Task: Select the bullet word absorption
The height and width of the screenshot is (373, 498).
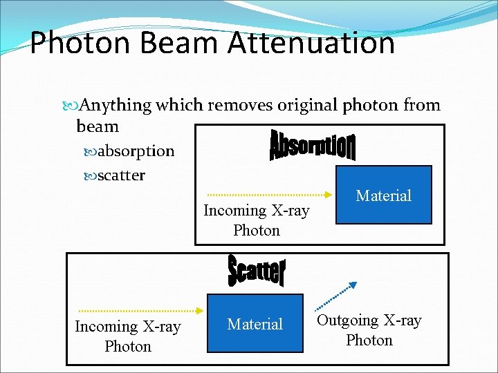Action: coord(136,151)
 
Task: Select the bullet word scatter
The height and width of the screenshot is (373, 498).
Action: coord(121,175)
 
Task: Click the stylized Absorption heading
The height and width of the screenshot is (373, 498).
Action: coord(312,145)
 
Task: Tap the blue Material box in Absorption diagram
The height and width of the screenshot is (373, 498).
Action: coord(383,195)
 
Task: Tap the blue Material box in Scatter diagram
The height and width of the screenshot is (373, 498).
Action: coord(256,323)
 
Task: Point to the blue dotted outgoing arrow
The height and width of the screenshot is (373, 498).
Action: coord(336,296)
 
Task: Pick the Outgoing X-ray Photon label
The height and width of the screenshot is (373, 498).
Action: coord(369,330)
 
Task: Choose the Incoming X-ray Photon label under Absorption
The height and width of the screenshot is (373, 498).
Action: coord(256,220)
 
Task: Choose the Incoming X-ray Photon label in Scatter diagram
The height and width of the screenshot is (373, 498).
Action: coord(128,336)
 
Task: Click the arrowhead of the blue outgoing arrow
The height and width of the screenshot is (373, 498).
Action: coord(353,283)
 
